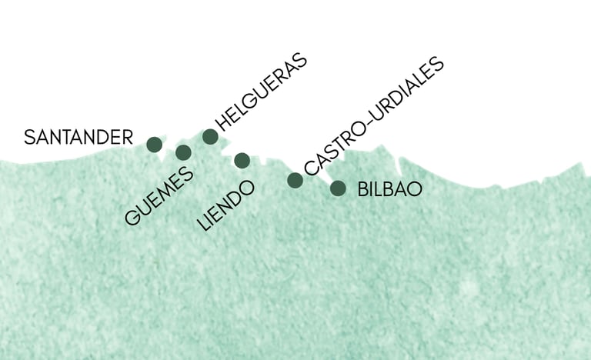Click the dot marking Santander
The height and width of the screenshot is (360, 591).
point(154,144)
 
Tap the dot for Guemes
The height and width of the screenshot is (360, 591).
point(183,152)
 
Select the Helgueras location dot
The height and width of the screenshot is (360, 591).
point(210,137)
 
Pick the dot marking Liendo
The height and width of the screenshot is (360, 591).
point(242,160)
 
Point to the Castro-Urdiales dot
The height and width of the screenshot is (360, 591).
point(295,180)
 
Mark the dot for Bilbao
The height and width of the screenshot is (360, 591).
point(338,188)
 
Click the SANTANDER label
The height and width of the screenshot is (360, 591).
point(78,138)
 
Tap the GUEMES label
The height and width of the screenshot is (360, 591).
point(159,197)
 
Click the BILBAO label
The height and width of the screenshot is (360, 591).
point(390,189)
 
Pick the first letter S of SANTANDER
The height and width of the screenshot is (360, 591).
point(29,138)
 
